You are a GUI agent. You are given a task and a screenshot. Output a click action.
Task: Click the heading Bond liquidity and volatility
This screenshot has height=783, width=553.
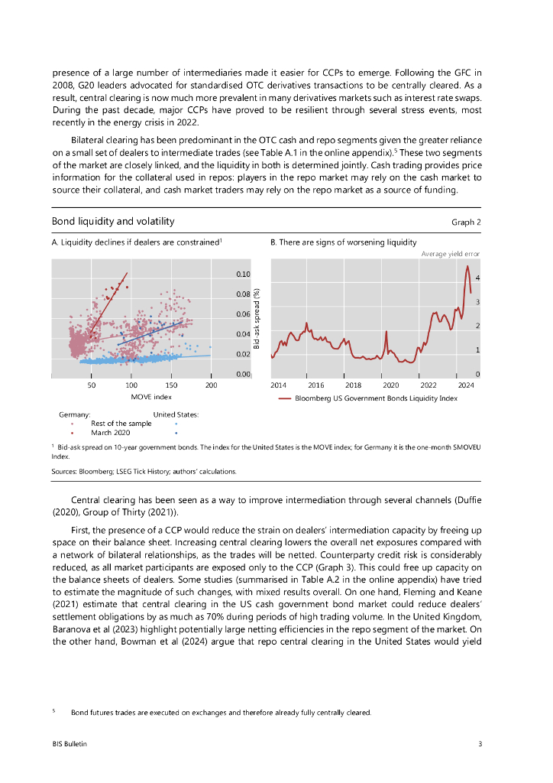(113, 222)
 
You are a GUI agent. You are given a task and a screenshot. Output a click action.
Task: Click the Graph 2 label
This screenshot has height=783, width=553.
(467, 223)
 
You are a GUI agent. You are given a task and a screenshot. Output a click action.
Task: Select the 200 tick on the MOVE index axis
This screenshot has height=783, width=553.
(211, 386)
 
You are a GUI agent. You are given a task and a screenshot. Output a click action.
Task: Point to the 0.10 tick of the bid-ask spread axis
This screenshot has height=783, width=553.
(242, 274)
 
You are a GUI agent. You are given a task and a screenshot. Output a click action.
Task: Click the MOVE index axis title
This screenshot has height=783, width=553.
(151, 397)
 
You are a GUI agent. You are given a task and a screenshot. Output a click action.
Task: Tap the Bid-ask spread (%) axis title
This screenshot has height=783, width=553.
(257, 319)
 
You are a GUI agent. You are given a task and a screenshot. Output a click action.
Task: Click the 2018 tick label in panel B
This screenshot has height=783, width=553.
(354, 386)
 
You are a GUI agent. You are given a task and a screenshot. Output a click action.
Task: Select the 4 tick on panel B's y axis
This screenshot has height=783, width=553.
(477, 277)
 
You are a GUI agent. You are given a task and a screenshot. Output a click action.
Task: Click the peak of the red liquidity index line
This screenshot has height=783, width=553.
(467, 266)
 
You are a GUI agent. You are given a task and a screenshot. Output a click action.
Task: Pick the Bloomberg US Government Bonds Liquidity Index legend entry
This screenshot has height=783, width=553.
(375, 398)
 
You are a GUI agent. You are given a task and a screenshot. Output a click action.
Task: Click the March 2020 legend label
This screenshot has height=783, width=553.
(110, 432)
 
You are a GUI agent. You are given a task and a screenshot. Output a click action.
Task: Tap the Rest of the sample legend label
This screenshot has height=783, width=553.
(121, 423)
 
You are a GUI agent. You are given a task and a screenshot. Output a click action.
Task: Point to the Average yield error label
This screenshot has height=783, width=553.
(451, 253)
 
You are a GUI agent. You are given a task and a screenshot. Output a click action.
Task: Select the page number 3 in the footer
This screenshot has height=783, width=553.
(480, 744)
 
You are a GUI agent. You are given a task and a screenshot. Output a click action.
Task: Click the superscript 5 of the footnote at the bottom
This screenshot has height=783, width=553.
(54, 711)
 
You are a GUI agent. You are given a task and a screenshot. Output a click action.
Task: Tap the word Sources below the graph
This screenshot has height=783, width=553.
(66, 471)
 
